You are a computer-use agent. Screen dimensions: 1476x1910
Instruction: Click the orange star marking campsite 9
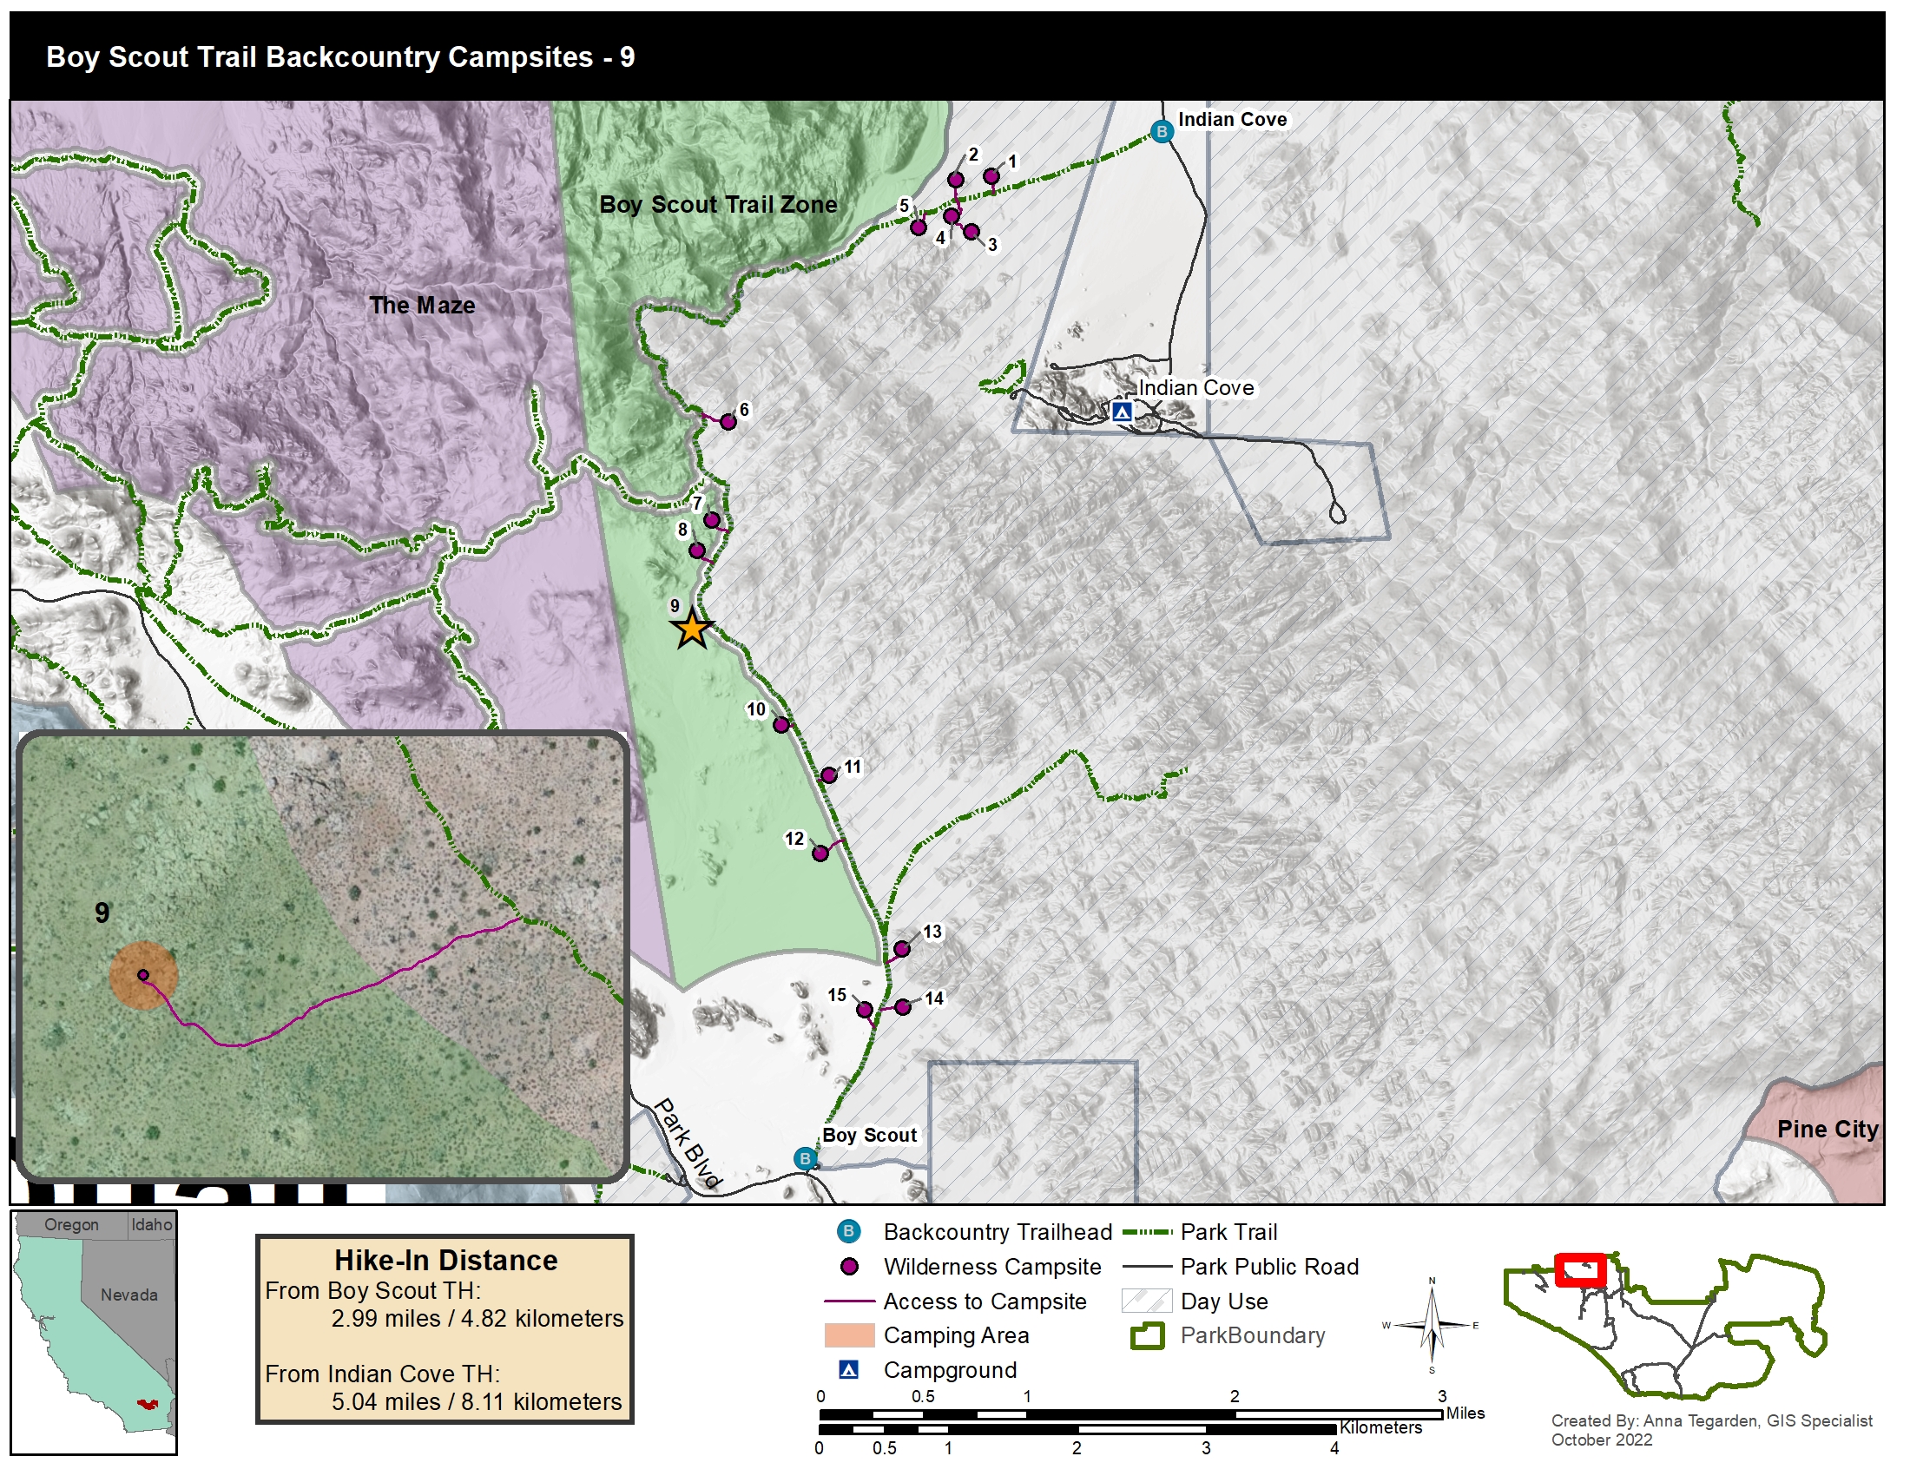coord(692,629)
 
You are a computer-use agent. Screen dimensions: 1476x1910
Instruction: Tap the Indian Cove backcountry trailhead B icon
coord(1162,132)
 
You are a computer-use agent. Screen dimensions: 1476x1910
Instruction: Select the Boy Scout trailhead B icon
coord(805,1159)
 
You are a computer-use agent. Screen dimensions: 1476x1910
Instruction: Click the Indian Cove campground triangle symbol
coord(1122,411)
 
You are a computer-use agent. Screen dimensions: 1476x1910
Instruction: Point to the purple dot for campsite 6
coord(728,422)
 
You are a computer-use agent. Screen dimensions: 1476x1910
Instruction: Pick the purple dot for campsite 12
coord(820,853)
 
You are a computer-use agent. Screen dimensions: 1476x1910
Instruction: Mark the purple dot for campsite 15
coord(864,1010)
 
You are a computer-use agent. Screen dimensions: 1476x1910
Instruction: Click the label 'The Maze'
coord(422,305)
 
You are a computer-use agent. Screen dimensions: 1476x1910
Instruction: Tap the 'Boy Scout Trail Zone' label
coord(717,205)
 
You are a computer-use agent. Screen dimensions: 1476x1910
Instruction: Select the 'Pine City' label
coord(1827,1129)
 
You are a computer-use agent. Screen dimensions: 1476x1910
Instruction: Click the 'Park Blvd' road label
coord(688,1142)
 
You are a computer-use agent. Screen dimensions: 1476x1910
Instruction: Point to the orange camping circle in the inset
coord(144,976)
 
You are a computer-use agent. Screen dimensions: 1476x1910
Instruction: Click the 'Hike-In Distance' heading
coord(445,1260)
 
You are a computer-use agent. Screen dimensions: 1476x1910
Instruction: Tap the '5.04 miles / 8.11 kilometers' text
coord(476,1401)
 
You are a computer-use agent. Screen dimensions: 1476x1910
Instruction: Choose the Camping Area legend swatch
coord(848,1335)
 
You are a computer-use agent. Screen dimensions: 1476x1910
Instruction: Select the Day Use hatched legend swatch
coord(1146,1301)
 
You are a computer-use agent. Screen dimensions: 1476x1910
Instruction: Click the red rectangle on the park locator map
coord(1579,1269)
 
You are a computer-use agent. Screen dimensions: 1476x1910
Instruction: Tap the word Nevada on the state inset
coord(128,1295)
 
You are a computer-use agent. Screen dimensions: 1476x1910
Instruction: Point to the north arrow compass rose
coord(1431,1326)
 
